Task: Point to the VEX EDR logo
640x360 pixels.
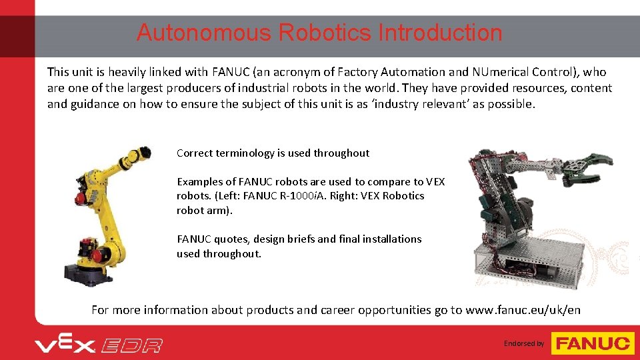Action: (99, 344)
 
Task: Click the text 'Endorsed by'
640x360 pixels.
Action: (524, 344)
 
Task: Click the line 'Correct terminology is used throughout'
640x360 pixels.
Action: (273, 153)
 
